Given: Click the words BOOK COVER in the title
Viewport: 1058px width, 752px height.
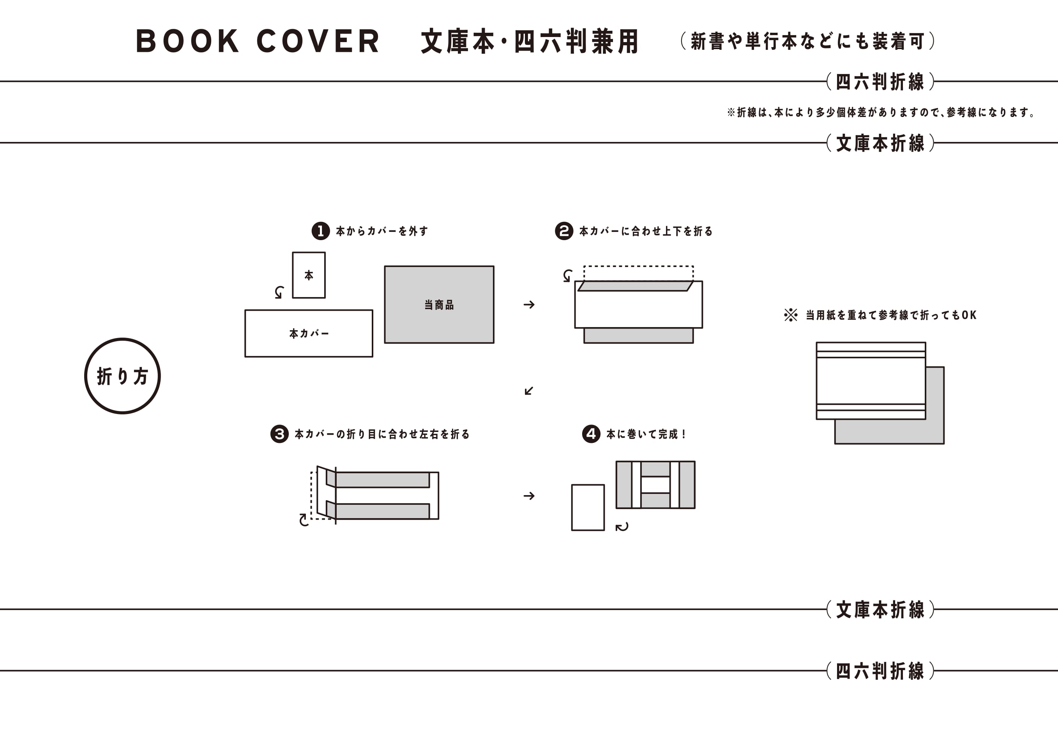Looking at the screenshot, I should point(257,41).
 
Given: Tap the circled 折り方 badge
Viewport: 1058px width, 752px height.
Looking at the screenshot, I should point(122,376).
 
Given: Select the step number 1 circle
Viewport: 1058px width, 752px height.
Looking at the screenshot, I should point(320,231).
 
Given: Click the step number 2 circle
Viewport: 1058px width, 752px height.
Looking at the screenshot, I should point(564,231).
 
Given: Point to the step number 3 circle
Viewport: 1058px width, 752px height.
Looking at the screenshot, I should point(279,434).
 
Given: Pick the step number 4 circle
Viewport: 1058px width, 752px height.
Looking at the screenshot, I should point(591,434).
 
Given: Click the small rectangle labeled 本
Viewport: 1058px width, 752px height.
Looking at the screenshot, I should point(309,275).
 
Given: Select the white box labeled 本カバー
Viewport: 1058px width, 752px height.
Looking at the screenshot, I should point(309,333).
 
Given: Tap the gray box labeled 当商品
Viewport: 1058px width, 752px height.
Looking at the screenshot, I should point(439,304).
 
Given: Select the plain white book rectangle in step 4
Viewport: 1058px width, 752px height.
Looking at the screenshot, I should point(588,507).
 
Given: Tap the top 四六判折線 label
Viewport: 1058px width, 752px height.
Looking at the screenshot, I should point(880,81).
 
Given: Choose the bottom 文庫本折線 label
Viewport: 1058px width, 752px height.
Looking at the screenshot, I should point(880,609).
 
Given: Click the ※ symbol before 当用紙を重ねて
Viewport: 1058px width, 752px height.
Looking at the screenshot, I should point(791,315).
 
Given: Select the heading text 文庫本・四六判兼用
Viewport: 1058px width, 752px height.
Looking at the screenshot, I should point(530,41).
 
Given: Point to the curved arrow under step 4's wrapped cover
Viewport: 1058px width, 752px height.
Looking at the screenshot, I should point(622,527).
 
